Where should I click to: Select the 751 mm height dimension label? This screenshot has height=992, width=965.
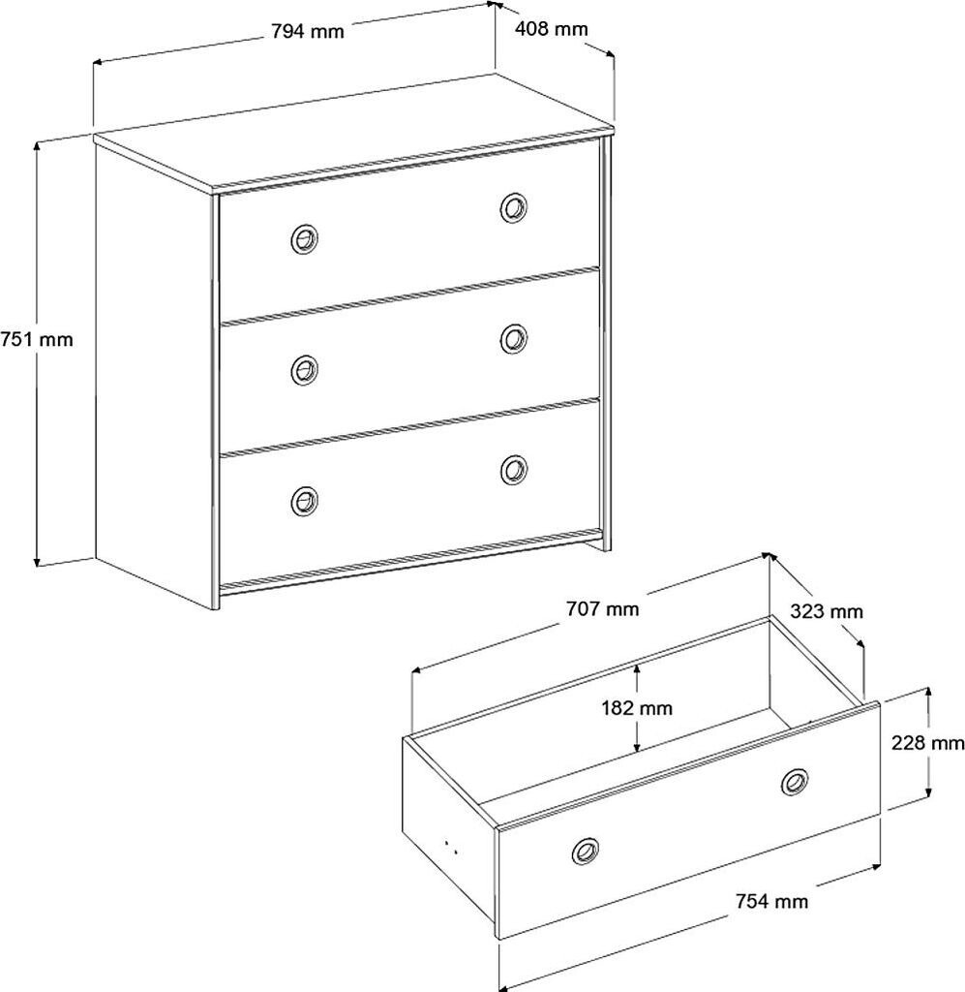pyautogui.click(x=37, y=339)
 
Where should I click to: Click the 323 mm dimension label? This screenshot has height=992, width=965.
pyautogui.click(x=826, y=611)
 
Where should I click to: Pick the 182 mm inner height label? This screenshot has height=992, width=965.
pyautogui.click(x=635, y=708)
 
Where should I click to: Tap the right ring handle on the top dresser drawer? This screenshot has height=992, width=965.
pyautogui.click(x=514, y=206)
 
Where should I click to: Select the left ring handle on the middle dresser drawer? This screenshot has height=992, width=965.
pyautogui.click(x=304, y=368)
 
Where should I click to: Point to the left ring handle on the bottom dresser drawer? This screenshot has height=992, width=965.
pyautogui.click(x=304, y=500)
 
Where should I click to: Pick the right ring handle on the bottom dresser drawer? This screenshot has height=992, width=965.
pyautogui.click(x=514, y=469)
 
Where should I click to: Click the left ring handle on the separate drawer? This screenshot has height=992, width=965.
pyautogui.click(x=585, y=852)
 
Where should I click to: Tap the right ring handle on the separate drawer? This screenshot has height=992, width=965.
pyautogui.click(x=795, y=781)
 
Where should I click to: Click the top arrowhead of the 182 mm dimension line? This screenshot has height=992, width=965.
pyautogui.click(x=637, y=667)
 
